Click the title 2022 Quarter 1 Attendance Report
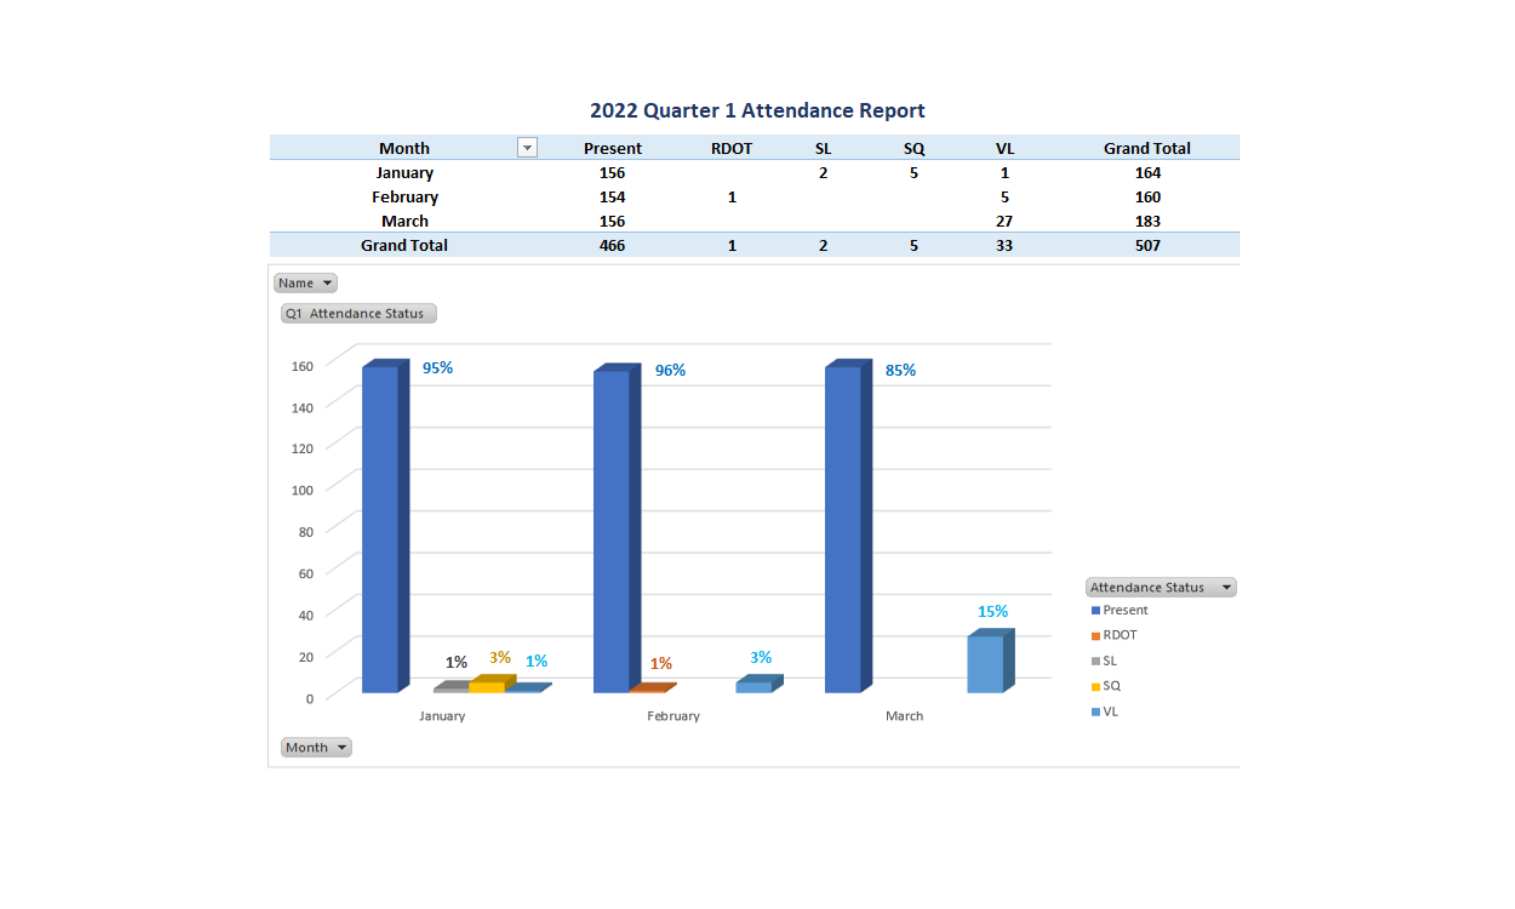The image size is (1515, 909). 757,110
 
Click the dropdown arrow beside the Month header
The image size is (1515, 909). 527,148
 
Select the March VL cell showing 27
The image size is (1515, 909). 1004,221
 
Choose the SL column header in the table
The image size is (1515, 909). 822,148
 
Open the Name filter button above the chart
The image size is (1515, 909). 305,283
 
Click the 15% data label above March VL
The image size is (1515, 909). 992,611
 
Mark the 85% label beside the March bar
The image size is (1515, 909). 900,370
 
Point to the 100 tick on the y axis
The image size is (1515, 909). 302,490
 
